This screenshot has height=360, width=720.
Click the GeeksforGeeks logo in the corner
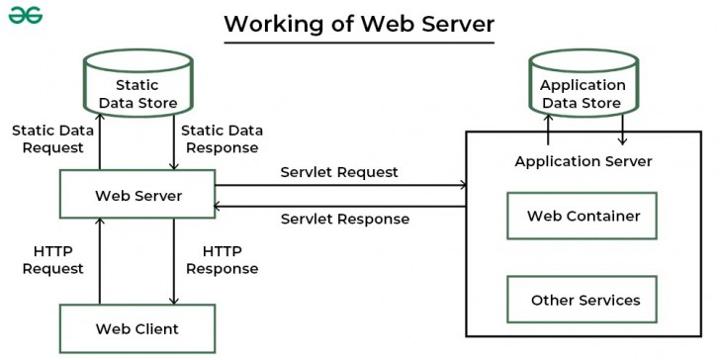coord(27,18)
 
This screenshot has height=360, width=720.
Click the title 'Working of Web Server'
coord(358,23)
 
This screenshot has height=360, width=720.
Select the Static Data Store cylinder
coord(137,89)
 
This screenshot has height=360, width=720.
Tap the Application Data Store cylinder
coord(583,89)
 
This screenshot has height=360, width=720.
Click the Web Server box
coord(137,195)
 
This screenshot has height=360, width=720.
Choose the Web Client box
coord(137,328)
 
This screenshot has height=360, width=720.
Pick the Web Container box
coord(583,216)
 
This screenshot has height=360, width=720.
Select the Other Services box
coord(583,300)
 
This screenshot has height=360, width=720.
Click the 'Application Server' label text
coord(583,161)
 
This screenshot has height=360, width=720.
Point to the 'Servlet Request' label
coord(338,172)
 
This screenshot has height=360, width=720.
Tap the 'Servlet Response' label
coord(344,219)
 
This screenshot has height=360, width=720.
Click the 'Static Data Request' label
coord(47,138)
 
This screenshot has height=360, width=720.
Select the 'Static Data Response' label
coord(222,138)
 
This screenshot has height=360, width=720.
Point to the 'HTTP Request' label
coord(52,260)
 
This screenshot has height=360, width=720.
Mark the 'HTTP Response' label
coord(222,260)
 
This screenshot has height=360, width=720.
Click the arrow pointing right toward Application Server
coord(341,185)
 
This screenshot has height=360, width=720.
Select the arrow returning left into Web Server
coord(341,206)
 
